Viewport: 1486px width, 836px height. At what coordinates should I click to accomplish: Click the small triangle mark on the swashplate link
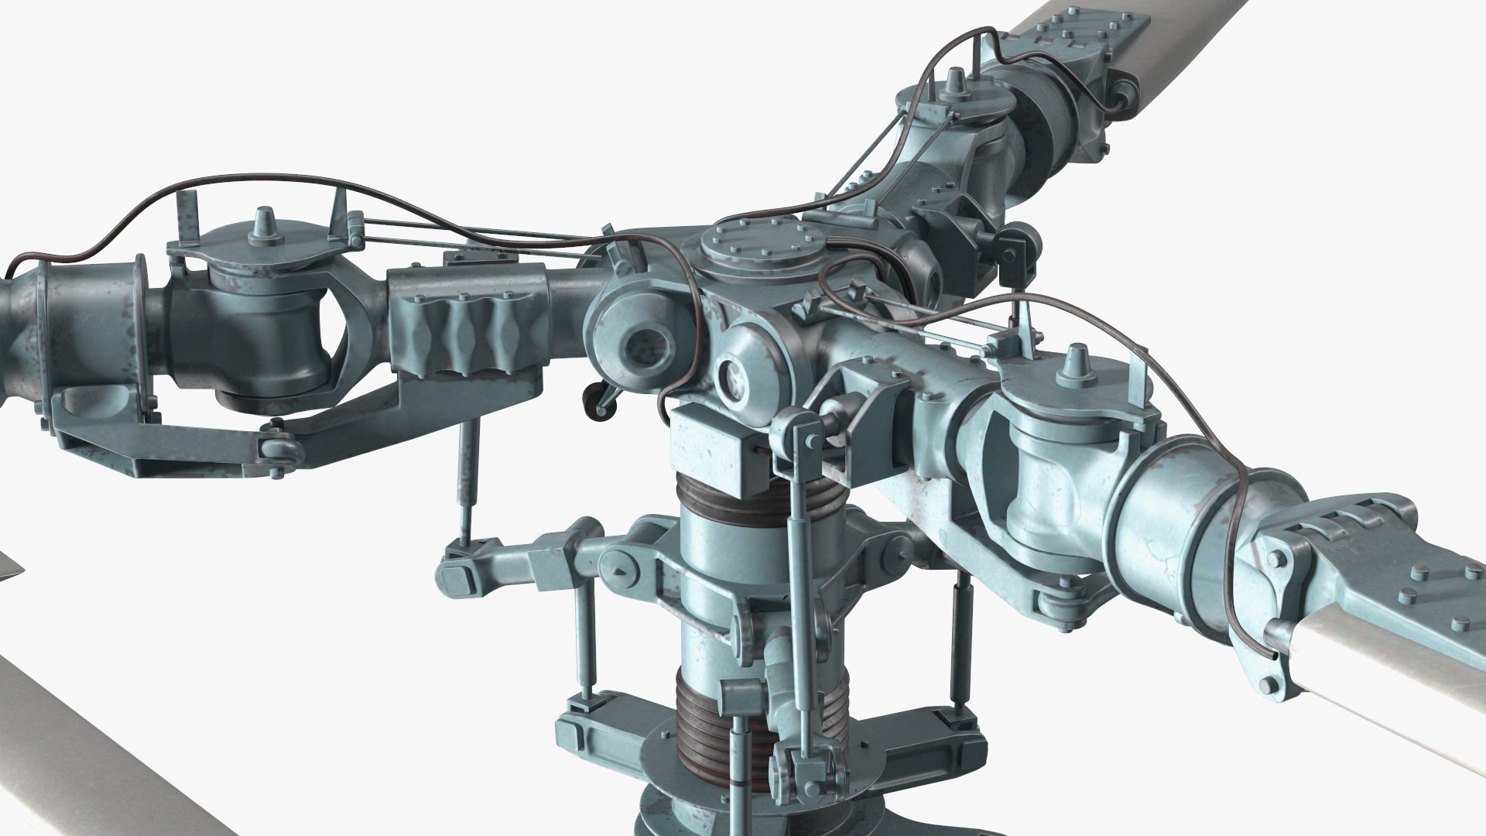[619, 571]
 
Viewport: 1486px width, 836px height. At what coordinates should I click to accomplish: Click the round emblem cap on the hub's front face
[731, 375]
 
